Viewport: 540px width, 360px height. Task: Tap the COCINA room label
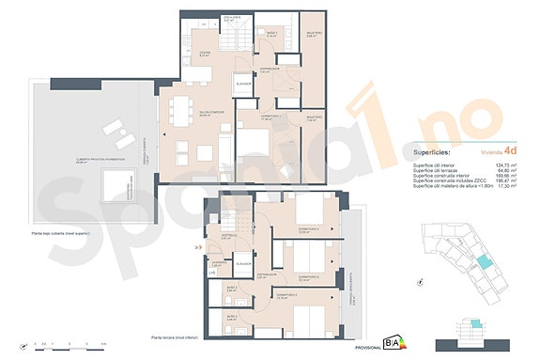pyautogui.click(x=203, y=53)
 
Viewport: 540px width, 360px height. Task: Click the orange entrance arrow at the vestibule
pyautogui.click(x=195, y=248)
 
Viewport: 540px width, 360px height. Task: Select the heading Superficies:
pyautogui.click(x=432, y=150)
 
